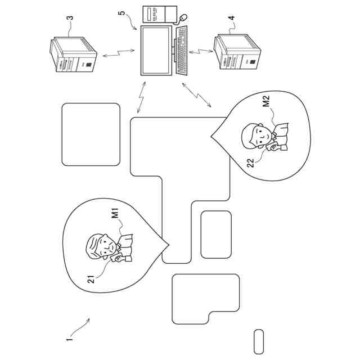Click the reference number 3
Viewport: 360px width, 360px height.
70,19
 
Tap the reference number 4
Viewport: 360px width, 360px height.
232,19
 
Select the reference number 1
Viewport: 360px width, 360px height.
69,340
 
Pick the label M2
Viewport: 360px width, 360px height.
266,102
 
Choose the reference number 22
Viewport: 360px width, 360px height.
251,162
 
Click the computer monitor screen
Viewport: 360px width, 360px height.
155,50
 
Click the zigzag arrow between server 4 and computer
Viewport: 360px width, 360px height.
202,52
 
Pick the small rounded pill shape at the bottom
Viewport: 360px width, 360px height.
259,341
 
